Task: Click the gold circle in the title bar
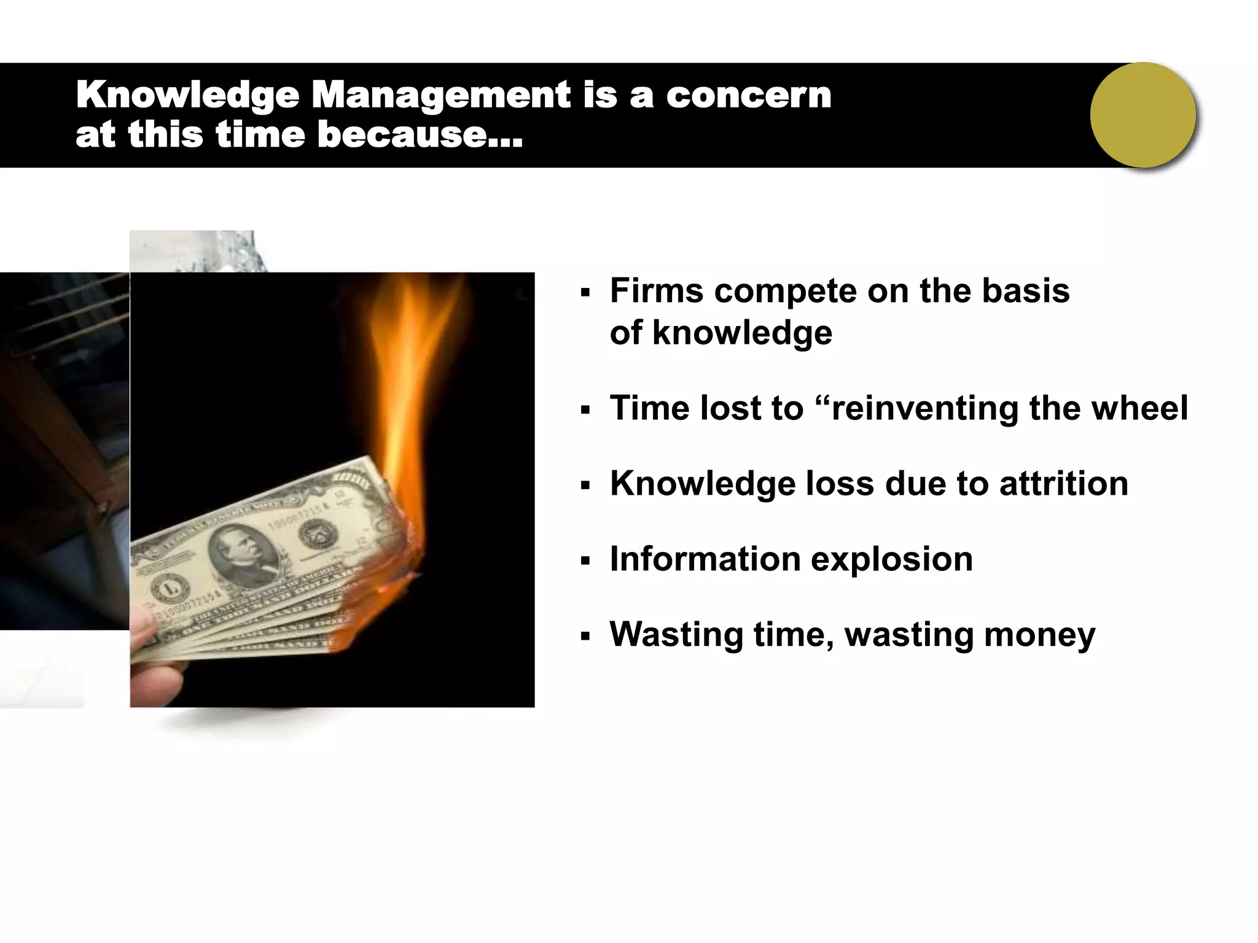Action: pyautogui.click(x=1143, y=115)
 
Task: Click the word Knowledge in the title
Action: pyautogui.click(x=187, y=96)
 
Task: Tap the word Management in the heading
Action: pyautogui.click(x=441, y=96)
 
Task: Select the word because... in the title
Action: pyautogui.click(x=420, y=134)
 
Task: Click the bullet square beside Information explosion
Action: pyautogui.click(x=585, y=561)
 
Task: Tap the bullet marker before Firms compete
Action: pyautogui.click(x=585, y=292)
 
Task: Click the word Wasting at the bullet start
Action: pyautogui.click(x=676, y=635)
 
